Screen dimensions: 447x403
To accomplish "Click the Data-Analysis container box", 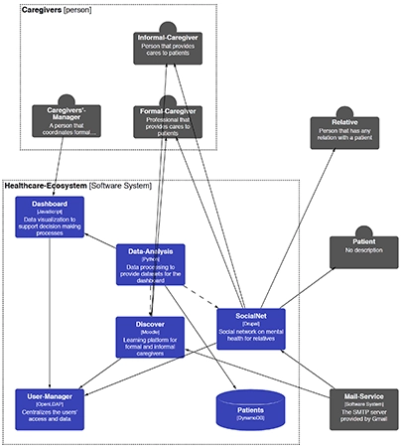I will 151,265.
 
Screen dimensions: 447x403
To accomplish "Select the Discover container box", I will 151,337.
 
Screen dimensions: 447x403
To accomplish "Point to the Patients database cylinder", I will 251,410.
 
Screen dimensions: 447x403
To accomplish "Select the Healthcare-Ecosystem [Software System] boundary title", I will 75,185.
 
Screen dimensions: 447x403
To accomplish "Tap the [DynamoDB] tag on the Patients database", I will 251,418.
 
